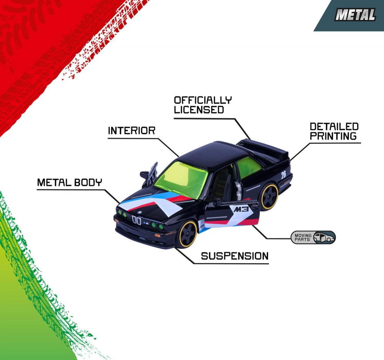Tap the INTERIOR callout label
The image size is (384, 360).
coord(131,131)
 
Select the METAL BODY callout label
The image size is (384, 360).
coord(70,182)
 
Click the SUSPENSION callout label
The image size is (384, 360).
coord(235,256)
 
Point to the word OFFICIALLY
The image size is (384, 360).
coord(203,100)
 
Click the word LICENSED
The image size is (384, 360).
coord(199,109)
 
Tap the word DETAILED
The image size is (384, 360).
coord(334,126)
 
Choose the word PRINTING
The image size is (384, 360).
coord(333,136)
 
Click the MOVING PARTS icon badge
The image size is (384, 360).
coord(313,237)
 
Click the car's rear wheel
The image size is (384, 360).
coord(270,197)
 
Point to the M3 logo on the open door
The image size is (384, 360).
coord(241,209)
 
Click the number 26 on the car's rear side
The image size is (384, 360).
coord(283,174)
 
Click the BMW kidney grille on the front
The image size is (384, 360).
coord(136,220)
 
